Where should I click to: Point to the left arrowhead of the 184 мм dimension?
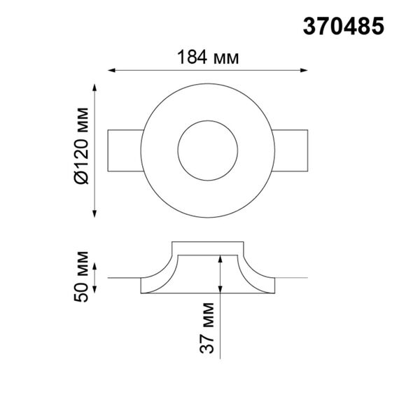click(x=111, y=70)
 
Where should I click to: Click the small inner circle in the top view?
click(x=207, y=150)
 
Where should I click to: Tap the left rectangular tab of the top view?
click(x=123, y=150)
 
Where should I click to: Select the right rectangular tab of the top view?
click(x=291, y=150)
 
